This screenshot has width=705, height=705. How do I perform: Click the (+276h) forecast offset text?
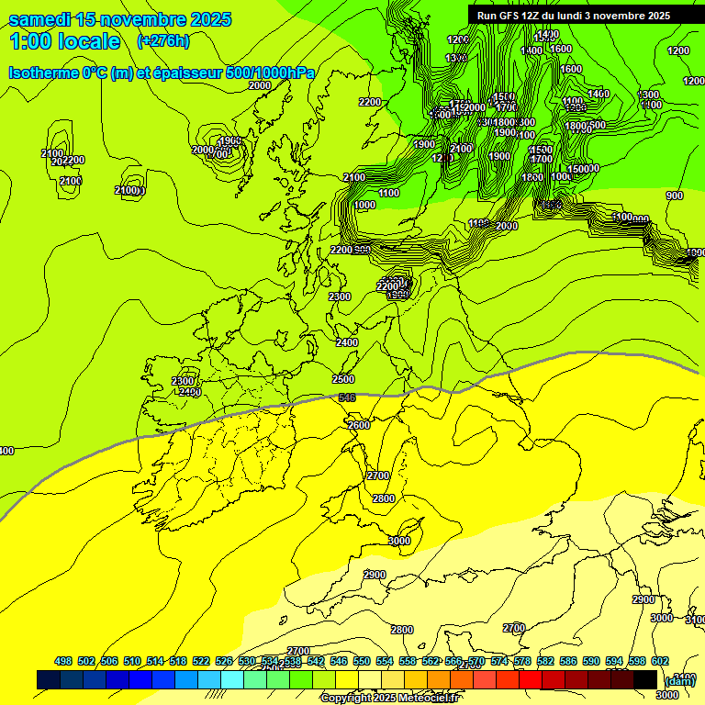[x=163, y=40]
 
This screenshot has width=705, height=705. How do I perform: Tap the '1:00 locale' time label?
[x=64, y=41]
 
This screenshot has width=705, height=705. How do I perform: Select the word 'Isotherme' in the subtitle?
[x=42, y=73]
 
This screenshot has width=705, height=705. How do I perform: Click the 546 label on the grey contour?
[x=347, y=397]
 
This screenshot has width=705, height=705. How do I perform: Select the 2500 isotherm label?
[x=343, y=379]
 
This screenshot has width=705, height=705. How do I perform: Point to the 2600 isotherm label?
[x=359, y=425]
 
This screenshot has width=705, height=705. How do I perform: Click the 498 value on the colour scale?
[x=63, y=661]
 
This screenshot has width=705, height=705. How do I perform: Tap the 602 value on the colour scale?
[x=660, y=661]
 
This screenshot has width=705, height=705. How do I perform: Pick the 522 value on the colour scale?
[x=201, y=661]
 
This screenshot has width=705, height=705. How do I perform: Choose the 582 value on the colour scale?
[x=545, y=661]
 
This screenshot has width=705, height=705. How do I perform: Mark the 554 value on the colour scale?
[x=385, y=661]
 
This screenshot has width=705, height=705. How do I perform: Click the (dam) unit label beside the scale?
[x=680, y=680]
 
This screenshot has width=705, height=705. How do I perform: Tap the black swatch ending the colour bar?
[x=645, y=679]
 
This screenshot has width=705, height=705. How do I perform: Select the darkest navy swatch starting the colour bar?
[x=49, y=679]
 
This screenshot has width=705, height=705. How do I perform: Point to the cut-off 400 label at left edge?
[x=6, y=451]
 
